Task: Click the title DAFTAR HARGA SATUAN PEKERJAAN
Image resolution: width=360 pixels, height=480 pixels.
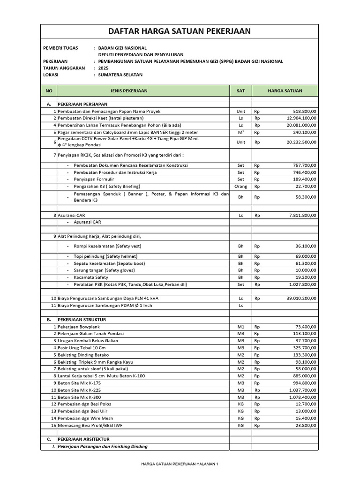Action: point(180,31)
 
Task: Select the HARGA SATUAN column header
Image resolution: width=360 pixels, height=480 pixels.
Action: point(285,91)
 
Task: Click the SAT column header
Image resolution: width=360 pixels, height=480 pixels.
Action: point(240,91)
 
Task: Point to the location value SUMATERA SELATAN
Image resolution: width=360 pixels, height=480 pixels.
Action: point(120,75)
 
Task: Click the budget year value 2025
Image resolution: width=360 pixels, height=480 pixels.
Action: point(103,68)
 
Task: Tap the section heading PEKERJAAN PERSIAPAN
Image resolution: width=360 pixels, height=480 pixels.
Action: point(82,103)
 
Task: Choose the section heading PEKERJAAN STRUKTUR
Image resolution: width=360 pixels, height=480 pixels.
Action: point(82,319)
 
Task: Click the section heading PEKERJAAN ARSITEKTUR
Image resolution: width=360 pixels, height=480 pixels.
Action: point(83,439)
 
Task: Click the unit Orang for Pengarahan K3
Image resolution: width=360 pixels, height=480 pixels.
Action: point(240,186)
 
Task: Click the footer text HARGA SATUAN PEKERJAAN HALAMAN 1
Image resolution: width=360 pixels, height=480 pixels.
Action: point(180,464)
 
